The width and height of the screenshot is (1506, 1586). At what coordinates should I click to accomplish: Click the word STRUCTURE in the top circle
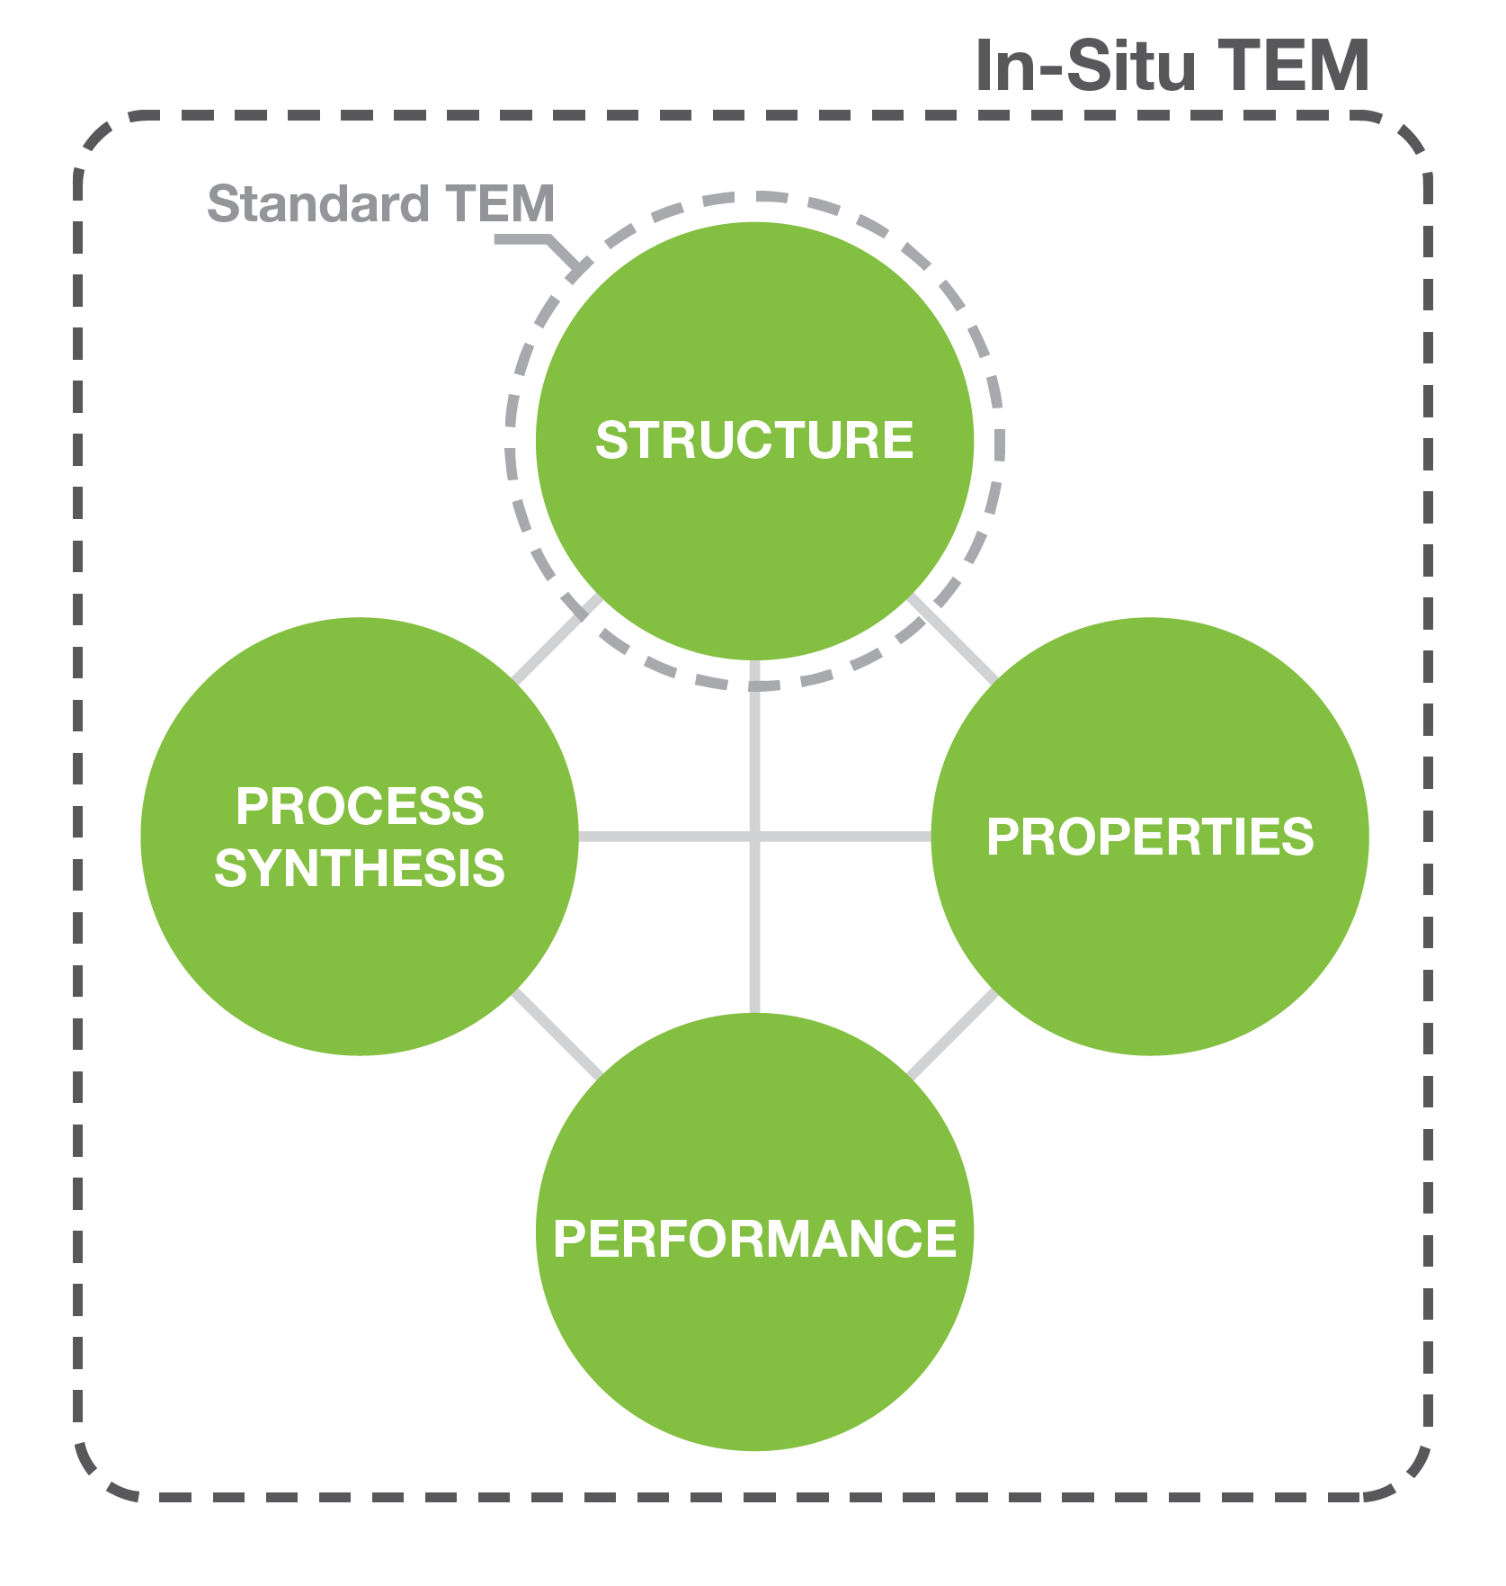click(x=753, y=441)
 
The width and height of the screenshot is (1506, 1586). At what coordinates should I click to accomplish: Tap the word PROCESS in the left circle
click(x=360, y=806)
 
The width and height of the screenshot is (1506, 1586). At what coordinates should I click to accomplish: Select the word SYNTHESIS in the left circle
click(x=360, y=869)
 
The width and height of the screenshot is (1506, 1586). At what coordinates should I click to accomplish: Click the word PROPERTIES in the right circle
click(x=1150, y=838)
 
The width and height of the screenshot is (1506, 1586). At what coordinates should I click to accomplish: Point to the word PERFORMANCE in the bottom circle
click(x=754, y=1239)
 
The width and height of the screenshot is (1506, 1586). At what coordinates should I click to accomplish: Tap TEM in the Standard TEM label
click(x=500, y=204)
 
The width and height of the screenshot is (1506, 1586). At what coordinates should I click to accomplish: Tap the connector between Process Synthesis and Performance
click(x=556, y=1035)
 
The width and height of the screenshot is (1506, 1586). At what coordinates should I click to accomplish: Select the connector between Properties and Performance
click(x=953, y=1035)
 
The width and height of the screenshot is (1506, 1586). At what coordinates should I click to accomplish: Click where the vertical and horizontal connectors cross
click(x=754, y=838)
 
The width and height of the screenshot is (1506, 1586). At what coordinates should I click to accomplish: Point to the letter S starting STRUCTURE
click(x=610, y=441)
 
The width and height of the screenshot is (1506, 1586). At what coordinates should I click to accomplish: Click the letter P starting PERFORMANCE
click(x=568, y=1239)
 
